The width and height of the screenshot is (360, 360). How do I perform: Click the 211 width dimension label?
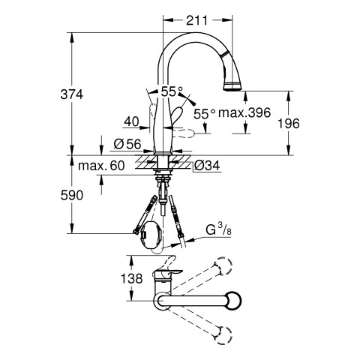(197, 20)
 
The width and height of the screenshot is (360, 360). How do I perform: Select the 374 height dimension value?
(72, 94)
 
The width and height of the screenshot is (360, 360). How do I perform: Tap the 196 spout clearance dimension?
(289, 124)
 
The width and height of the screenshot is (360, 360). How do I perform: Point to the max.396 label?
(244, 113)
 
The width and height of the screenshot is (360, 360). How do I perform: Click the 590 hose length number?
(72, 195)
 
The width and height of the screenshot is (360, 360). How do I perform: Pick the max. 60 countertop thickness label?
(101, 166)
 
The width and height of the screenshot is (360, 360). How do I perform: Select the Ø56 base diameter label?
(127, 144)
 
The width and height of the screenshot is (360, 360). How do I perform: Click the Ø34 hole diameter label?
(207, 166)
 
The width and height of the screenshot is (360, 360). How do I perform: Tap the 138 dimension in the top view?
(132, 278)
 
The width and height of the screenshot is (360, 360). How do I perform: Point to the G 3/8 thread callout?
(218, 230)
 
